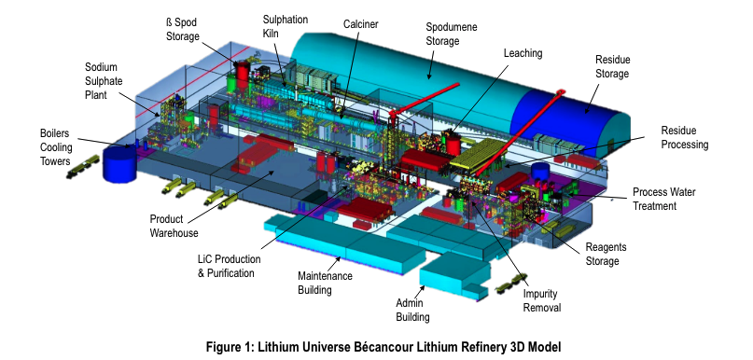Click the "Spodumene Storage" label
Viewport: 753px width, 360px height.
click(452, 35)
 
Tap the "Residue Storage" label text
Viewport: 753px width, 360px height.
click(612, 67)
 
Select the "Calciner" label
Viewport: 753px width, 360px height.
click(361, 24)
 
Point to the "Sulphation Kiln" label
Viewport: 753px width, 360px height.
click(286, 26)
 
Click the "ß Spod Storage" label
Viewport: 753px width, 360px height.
click(183, 29)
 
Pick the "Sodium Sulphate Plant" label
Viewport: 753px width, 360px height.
click(104, 80)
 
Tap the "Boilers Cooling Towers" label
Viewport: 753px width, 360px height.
click(56, 146)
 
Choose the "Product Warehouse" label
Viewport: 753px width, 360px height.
click(174, 226)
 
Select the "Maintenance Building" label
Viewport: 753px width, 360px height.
click(325, 284)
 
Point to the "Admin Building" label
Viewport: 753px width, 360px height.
click(412, 310)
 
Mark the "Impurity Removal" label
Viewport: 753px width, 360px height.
click(542, 300)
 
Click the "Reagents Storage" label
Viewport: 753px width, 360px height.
click(607, 254)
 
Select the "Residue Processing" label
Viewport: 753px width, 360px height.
click(685, 137)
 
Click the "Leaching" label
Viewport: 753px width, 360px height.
click(523, 53)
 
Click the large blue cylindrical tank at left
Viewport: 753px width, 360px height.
click(119, 164)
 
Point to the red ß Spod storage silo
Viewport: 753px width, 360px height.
click(243, 75)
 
